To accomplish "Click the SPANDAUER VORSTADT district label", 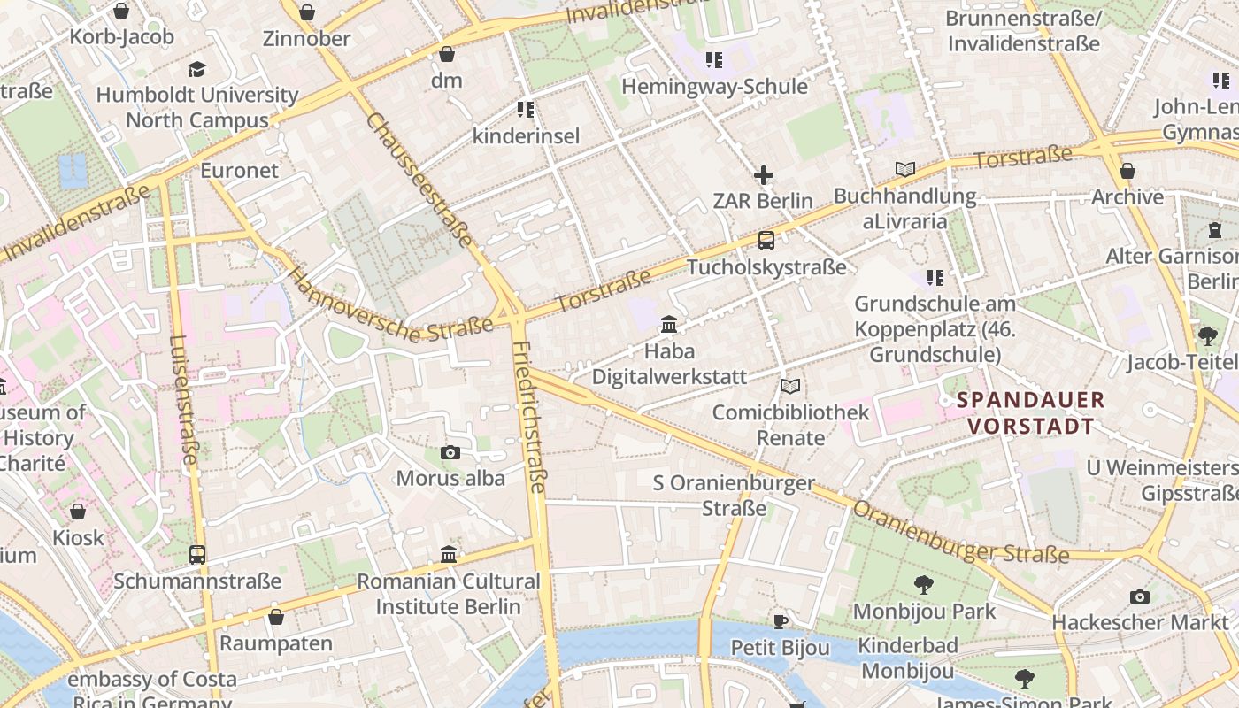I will tap(1030, 413).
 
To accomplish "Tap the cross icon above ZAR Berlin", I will tap(763, 175).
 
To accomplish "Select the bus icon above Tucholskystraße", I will tap(766, 240).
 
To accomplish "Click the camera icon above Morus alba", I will tap(450, 453).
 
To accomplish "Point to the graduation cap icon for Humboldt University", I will tap(196, 69).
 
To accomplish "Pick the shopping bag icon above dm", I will tap(447, 54).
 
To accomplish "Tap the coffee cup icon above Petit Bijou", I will tap(780, 621).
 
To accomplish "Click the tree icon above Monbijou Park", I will tap(924, 584).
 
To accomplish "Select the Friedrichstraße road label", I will tap(529, 416).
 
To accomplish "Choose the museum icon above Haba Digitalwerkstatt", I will tap(669, 325).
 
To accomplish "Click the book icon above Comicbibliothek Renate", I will tap(790, 387).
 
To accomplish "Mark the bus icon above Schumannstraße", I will tap(197, 555).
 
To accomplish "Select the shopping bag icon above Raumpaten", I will tap(276, 617).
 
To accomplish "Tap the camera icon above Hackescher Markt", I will tap(1140, 596).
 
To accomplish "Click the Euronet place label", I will tap(239, 170).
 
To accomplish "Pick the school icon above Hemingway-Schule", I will tap(714, 60).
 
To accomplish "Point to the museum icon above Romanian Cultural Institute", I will tap(449, 555).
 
